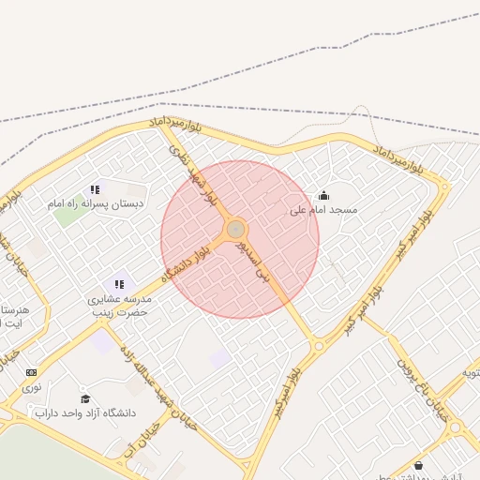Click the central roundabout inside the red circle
(235, 230)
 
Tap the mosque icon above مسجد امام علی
(323, 195)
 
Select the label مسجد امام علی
(322, 210)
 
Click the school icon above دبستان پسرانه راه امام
(95, 188)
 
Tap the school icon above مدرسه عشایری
(119, 283)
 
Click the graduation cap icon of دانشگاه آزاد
(85, 398)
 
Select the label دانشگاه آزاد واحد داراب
(85, 412)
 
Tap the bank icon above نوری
(31, 372)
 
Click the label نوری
(31, 386)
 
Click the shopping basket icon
(417, 465)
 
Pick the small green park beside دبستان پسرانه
(67, 214)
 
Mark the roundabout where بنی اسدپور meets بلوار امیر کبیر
(318, 346)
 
